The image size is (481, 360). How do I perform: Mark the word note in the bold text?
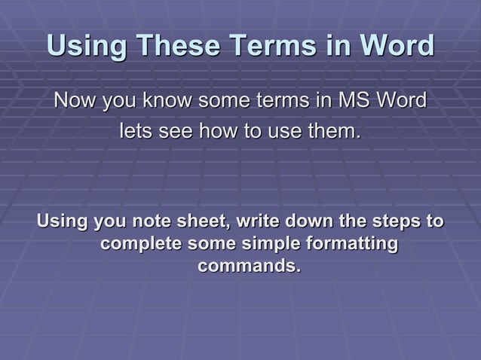tap(151, 222)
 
